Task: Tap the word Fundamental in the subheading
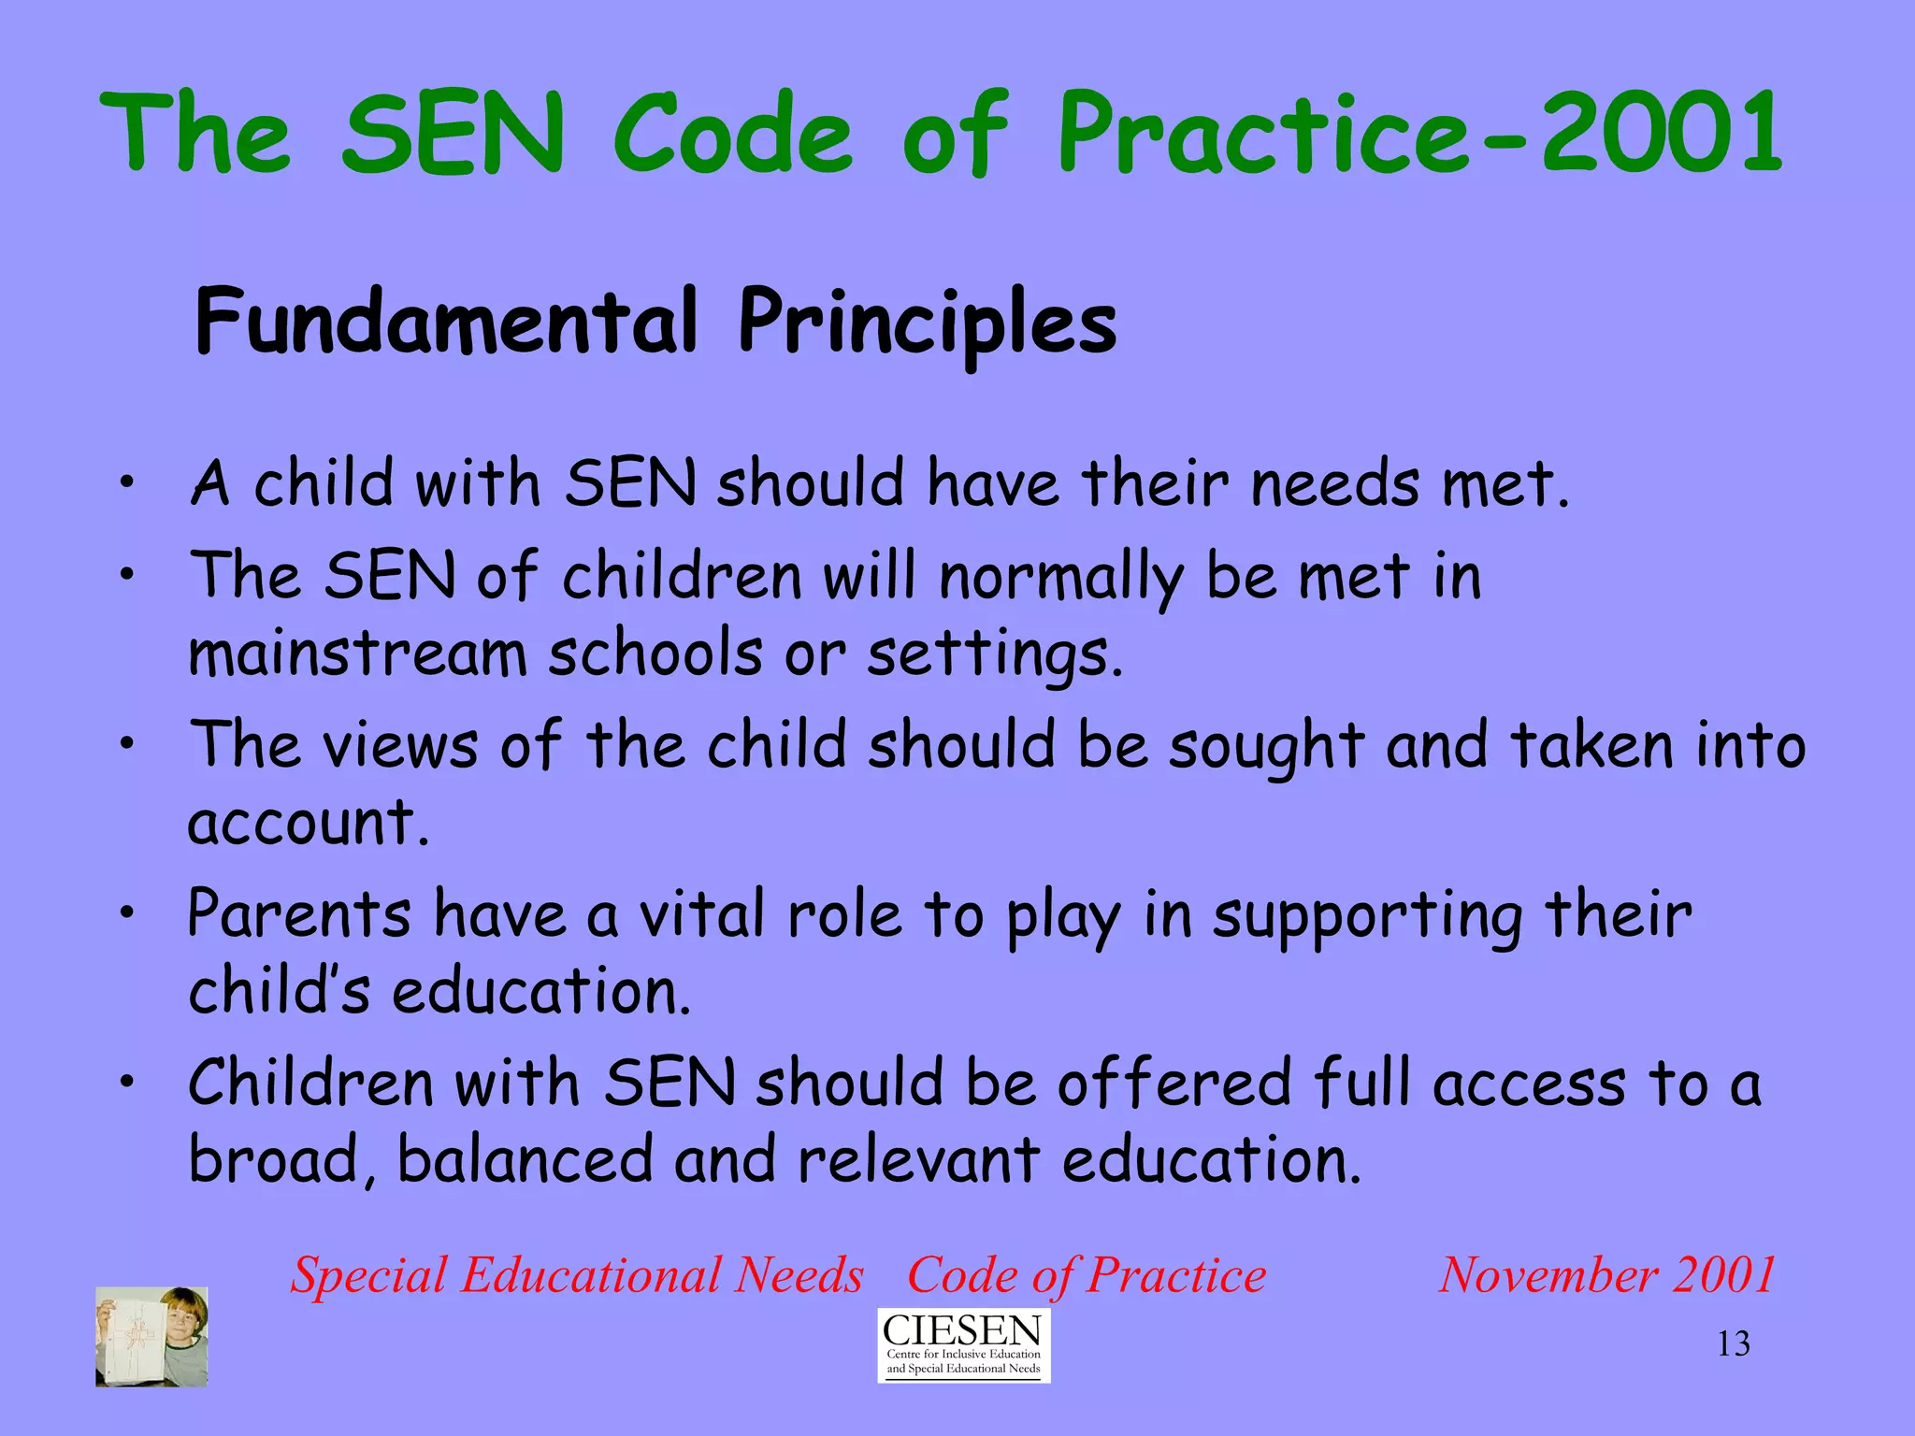pos(446,321)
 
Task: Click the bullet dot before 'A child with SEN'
pos(127,483)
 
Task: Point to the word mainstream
pos(358,653)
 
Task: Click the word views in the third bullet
pos(400,745)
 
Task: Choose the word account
pos(309,823)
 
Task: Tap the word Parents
pos(299,913)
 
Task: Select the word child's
pos(280,991)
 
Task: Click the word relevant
pos(918,1160)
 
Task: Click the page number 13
pos(1733,1344)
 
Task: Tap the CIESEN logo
pos(963,1344)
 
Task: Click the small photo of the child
pos(151,1336)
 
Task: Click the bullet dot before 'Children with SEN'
pos(127,1083)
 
